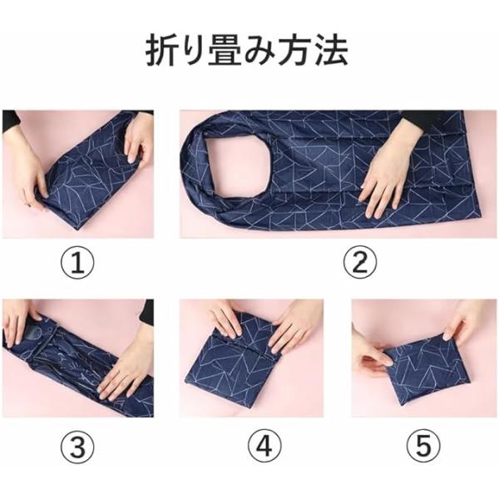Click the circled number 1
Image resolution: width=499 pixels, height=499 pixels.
(x=77, y=263)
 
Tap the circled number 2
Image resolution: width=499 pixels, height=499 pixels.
(x=360, y=263)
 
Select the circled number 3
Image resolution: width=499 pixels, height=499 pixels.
(x=77, y=446)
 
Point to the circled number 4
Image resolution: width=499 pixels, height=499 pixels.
(x=264, y=446)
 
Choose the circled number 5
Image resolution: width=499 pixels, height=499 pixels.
(x=423, y=446)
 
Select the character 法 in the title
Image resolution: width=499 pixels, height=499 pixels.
(x=331, y=51)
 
